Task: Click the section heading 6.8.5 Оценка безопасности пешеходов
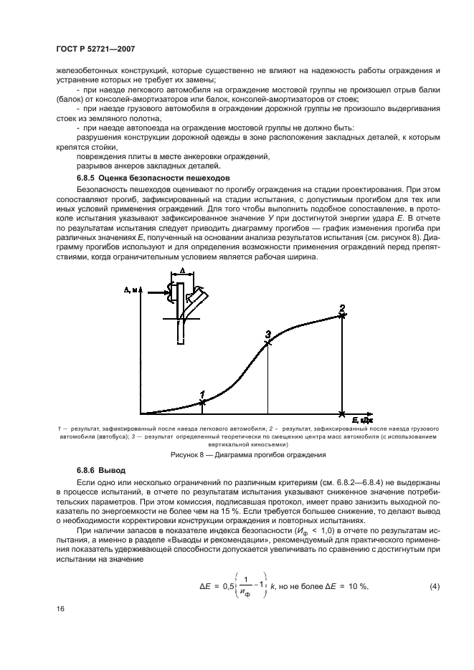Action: tap(153, 176)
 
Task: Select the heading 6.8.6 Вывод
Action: tap(101, 470)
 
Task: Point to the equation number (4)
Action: tap(435, 586)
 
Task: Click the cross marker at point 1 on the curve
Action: tap(202, 403)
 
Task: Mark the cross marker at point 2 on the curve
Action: tap(342, 315)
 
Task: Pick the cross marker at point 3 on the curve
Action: tap(267, 343)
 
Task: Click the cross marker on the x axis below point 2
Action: tap(342, 413)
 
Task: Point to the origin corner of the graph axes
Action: tap(141, 413)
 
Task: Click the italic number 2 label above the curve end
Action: tap(342, 307)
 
